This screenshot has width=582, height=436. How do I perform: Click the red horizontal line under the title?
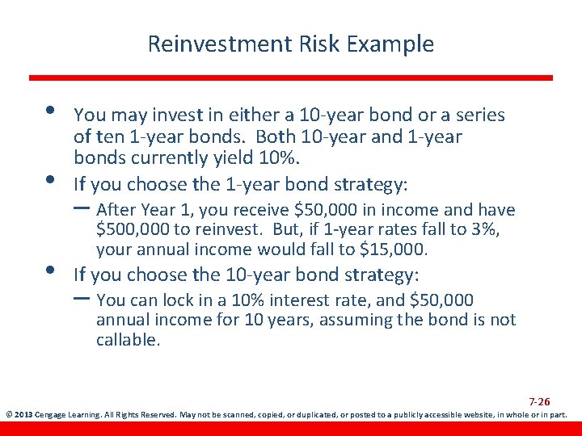(291, 78)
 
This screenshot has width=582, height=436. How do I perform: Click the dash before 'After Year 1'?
(82, 207)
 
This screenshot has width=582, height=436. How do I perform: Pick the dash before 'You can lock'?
(82, 297)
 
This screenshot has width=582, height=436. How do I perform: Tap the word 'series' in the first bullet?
(479, 115)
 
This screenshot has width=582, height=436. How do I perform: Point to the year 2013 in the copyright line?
(23, 416)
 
